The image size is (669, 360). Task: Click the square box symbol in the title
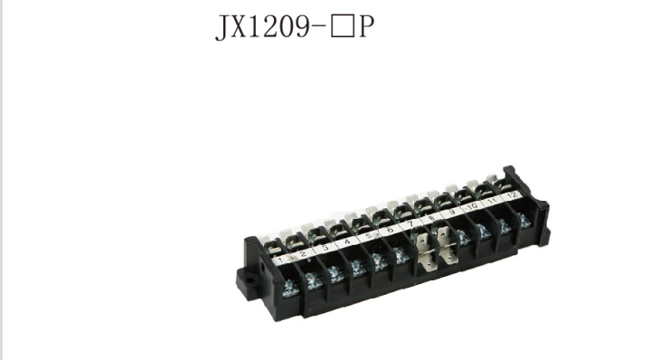coord(342,27)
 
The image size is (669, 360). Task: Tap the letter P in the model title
coord(366,27)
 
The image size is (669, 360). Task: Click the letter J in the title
coord(221,28)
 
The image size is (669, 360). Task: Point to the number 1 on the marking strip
coord(280,260)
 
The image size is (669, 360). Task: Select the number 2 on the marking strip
coord(304,254)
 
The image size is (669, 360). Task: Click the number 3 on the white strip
coord(325,248)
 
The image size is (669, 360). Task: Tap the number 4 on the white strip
coord(347,242)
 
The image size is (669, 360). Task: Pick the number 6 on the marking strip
coord(390,230)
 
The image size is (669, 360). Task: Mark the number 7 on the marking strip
coord(410,224)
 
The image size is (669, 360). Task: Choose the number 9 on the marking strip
coord(452,213)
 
